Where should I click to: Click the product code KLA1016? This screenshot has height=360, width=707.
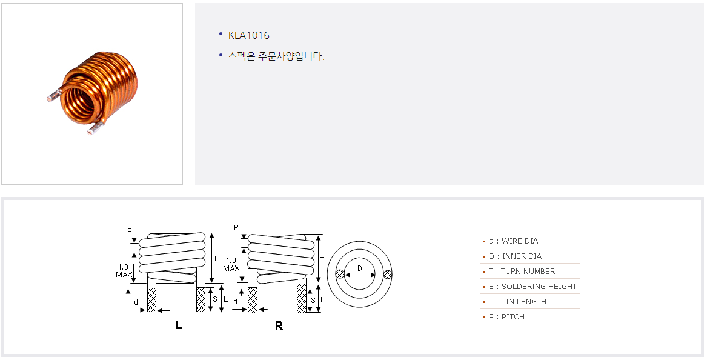coord(248,35)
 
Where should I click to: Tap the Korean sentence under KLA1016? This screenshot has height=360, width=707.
coord(276,56)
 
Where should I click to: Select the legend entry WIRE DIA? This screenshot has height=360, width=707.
coord(513,241)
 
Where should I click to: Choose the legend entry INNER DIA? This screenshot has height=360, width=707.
coord(515,256)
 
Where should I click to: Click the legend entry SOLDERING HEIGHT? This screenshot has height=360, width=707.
coord(533,287)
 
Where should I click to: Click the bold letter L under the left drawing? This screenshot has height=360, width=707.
coord(179,325)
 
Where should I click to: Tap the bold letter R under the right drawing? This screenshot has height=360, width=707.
coord(279,325)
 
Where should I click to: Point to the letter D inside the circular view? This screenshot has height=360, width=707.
coord(359,268)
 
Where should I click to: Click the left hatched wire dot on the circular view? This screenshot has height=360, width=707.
coord(340,275)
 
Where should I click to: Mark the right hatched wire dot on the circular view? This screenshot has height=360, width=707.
coord(388,275)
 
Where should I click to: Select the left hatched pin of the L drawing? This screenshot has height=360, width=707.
coord(152,299)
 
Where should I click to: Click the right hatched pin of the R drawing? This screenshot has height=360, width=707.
coord(301,299)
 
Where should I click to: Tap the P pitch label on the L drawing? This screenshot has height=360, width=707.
coord(129,231)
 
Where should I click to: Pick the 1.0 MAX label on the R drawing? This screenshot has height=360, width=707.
coord(231,264)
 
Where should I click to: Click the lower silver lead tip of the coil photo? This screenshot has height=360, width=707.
coord(93,130)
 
